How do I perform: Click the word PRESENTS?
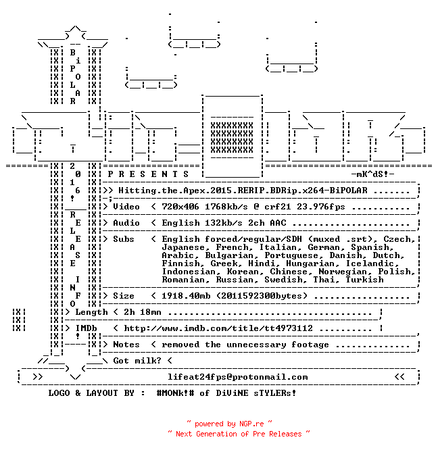148,174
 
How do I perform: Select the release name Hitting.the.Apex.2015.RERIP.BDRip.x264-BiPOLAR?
243,191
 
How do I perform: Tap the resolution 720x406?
180,207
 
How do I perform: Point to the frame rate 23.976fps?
321,207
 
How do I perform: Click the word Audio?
126,223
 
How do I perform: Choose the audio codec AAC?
278,223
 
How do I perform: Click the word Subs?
124,239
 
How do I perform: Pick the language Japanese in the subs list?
183,247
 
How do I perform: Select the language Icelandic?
370,263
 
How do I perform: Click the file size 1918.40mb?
186,296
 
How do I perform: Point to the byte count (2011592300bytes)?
262,296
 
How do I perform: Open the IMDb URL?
218,328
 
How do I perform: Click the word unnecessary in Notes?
256,345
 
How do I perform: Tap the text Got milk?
137,361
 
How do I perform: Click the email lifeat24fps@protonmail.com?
237,377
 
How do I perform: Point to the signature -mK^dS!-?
373,174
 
